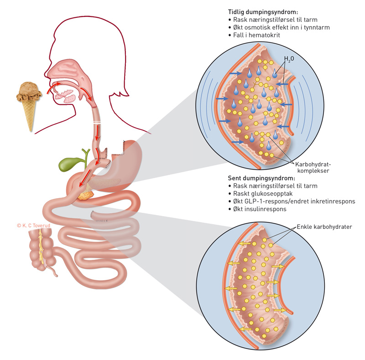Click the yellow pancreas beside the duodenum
click(x=84, y=195)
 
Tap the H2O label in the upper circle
click(x=289, y=59)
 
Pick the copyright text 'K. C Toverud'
click(x=34, y=225)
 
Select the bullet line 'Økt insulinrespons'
click(x=260, y=209)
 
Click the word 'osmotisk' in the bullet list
click(x=264, y=27)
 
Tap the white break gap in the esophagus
click(x=97, y=123)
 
